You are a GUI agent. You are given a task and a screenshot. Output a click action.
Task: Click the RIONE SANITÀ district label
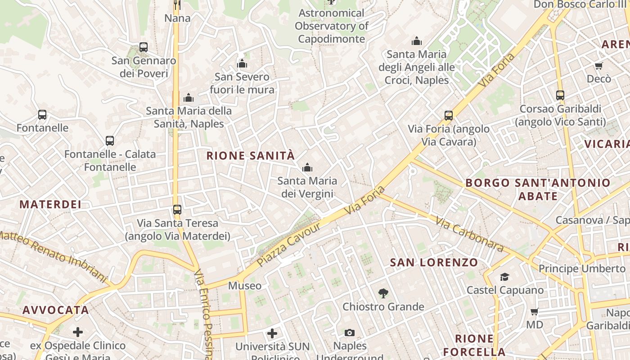point(250,156)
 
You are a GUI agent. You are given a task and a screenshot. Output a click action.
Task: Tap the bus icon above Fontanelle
point(42,115)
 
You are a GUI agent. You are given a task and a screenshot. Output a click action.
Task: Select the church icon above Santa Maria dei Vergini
point(307,168)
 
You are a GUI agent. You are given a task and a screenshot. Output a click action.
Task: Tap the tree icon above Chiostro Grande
point(383,294)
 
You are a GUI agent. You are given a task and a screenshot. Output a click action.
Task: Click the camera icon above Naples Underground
point(350,333)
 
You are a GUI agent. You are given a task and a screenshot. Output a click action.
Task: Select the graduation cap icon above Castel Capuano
point(505,277)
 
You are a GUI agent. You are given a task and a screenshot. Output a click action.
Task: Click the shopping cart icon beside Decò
point(598,66)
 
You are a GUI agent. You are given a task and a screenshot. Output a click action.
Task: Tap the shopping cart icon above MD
point(535,311)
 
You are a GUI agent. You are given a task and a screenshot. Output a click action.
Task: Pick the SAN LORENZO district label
point(434,262)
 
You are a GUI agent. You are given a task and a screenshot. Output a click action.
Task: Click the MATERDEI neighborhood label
point(50,204)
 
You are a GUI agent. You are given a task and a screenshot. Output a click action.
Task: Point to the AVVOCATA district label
point(56,310)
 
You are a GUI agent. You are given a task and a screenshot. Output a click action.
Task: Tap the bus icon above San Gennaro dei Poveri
point(144,47)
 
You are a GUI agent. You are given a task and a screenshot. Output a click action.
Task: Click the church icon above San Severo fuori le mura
point(242,63)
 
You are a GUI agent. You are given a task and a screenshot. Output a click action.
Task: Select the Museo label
point(245,286)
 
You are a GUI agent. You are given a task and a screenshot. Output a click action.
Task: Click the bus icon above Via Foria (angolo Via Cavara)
point(449,116)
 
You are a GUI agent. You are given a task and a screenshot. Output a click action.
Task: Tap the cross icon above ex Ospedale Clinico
point(78,333)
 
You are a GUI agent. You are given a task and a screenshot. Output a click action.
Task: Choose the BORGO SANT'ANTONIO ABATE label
point(538,189)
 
